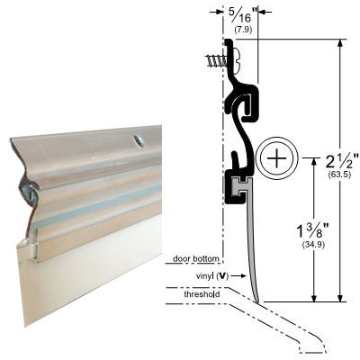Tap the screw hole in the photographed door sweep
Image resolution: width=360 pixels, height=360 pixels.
pos(139,140)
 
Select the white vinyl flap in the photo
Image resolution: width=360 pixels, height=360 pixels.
pos(99,279)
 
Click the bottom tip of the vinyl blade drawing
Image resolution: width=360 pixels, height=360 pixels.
pos(257,301)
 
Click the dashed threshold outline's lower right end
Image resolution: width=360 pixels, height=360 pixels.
pos(317,354)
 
